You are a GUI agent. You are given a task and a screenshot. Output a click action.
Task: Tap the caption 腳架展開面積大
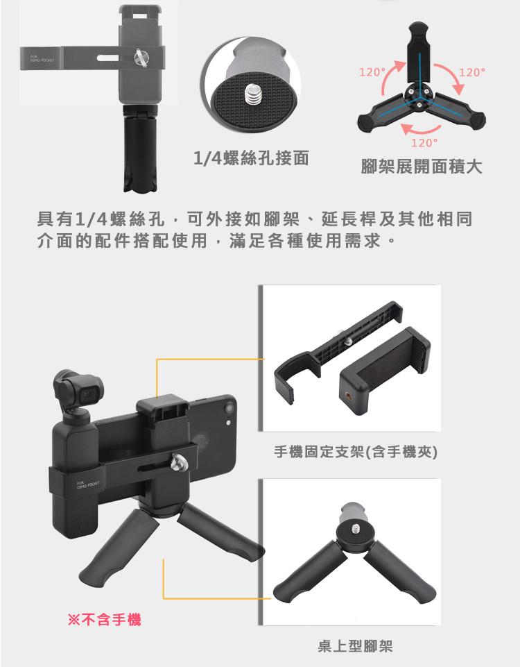[422, 167]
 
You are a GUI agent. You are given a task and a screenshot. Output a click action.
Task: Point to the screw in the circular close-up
[252, 95]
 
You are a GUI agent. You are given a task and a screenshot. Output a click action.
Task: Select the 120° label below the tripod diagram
[424, 143]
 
